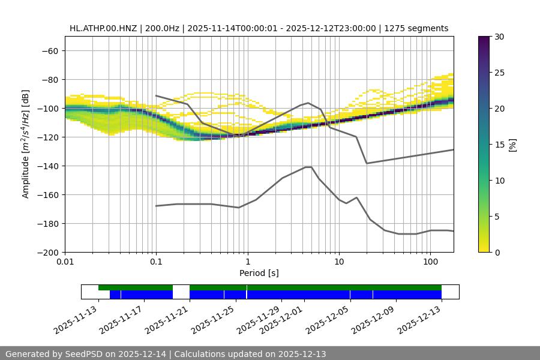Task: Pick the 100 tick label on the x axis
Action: click(430, 262)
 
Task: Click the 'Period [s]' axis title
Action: click(259, 273)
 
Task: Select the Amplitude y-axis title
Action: click(26, 144)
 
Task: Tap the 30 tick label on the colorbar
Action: click(499, 37)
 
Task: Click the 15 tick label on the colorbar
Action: click(499, 144)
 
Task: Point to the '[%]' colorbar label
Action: click(512, 144)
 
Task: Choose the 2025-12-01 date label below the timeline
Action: click(283, 320)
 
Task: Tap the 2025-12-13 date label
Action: click(420, 320)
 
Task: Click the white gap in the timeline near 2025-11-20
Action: click(181, 292)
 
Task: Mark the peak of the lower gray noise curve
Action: click(308, 167)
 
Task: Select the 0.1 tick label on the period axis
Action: click(156, 262)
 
